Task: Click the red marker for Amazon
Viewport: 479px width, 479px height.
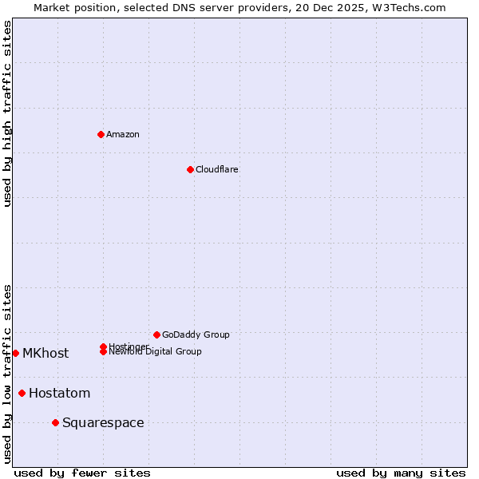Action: tap(101, 134)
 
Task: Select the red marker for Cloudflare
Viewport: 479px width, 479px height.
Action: tap(190, 169)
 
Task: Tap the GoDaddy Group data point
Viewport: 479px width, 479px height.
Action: tap(156, 335)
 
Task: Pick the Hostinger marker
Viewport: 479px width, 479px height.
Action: tap(103, 346)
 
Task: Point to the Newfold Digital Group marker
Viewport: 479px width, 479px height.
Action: tap(103, 352)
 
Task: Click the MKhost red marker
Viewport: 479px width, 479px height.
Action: tap(15, 353)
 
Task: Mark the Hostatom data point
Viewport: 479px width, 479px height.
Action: tap(22, 393)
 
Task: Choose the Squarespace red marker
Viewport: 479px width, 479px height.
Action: tap(55, 422)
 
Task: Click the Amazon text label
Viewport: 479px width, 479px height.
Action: tap(123, 134)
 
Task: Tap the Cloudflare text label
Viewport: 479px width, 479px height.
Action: tap(217, 169)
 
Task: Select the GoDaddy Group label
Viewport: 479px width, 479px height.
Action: tap(196, 335)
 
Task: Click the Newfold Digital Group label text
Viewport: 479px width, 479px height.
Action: tap(156, 352)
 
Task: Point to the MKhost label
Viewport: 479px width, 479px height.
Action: tap(46, 353)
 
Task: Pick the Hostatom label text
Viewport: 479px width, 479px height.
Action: tap(60, 393)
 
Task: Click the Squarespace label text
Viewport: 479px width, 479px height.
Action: tap(103, 422)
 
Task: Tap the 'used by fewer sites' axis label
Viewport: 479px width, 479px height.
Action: tap(82, 473)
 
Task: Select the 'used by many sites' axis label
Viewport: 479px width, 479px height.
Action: tap(401, 473)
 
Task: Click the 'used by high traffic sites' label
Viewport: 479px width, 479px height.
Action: tap(7, 113)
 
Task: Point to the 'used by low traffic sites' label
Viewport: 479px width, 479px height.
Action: tap(7, 374)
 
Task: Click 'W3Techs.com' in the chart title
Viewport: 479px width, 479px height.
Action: tap(406, 7)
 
